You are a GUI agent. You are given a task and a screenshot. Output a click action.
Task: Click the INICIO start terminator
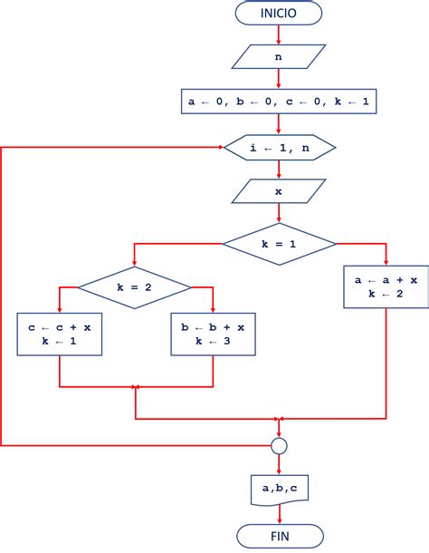coord(279,13)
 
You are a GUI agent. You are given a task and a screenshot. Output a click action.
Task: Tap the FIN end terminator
coord(280,536)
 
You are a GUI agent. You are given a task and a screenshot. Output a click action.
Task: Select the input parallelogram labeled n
coord(279,56)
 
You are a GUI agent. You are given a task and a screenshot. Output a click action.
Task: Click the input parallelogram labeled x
coord(279,191)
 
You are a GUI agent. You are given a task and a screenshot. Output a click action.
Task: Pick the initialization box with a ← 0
coord(279,102)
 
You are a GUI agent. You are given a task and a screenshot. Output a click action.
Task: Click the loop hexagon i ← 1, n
coord(280,148)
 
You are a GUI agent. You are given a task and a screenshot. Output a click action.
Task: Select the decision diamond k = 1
coord(280,244)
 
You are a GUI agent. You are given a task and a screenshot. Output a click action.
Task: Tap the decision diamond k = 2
coord(135,287)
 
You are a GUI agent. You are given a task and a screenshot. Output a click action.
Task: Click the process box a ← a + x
coord(386,286)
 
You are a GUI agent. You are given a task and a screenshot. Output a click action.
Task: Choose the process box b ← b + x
coord(213,334)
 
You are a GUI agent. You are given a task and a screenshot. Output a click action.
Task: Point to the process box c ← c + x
coord(60,334)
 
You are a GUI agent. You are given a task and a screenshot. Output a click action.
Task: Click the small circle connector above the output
coord(280,446)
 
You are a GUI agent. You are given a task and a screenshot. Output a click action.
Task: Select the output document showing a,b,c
coord(280,490)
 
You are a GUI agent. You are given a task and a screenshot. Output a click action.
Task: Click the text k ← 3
coord(213,341)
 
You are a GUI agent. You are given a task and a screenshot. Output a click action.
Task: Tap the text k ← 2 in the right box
coord(386,294)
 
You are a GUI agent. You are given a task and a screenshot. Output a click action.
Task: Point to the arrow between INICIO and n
coord(279,34)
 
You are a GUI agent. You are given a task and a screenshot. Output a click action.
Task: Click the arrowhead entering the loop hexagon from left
coord(221,147)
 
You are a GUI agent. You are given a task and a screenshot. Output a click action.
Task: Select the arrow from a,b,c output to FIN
coord(280,515)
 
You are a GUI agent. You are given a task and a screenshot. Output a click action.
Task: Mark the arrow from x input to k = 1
coord(279,213)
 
